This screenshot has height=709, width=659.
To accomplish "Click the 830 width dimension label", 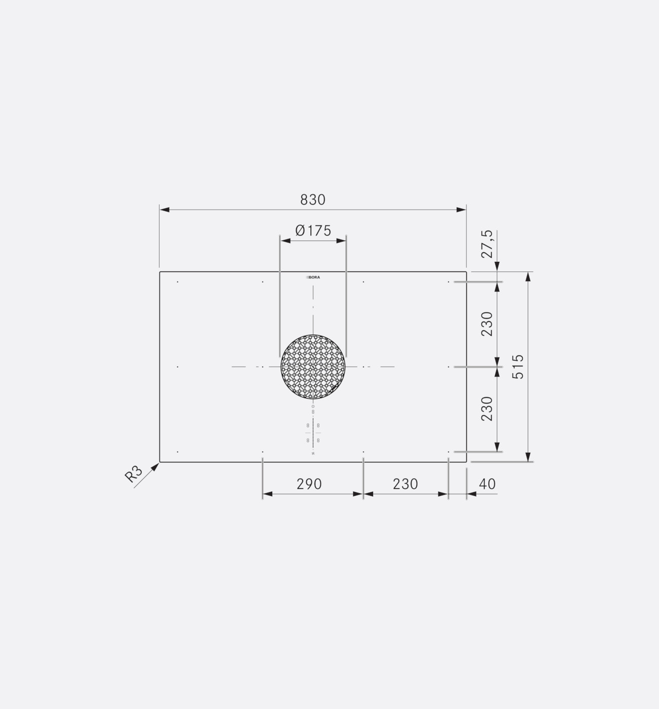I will coord(313,200).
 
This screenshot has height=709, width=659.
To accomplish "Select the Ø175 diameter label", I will coord(313,231).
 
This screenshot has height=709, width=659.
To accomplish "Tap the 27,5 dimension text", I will coord(487,244).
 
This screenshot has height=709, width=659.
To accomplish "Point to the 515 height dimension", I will coord(518,367).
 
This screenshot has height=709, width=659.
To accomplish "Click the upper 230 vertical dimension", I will coord(487,324).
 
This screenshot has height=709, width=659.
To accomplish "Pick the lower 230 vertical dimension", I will coord(487,409).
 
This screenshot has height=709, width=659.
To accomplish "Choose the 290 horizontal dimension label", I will coord(309,484).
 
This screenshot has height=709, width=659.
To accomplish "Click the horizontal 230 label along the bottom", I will coord(406,484).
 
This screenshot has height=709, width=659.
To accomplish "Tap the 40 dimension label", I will coord(487,484).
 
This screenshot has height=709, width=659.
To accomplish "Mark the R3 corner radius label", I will coord(134,474).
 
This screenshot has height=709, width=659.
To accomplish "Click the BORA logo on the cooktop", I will coord(313,278).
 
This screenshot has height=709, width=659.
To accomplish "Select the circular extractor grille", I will coord(313,366).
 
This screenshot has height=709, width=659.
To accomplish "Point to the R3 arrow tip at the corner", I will coord(158,464).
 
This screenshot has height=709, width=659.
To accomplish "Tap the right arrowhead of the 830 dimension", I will coord(462,210).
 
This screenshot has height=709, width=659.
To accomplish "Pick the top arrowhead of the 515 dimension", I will coord(529,277).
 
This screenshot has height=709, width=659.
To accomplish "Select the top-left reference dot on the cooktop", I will coord(177,282).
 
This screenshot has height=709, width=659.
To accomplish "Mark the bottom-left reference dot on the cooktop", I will coord(177,452).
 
